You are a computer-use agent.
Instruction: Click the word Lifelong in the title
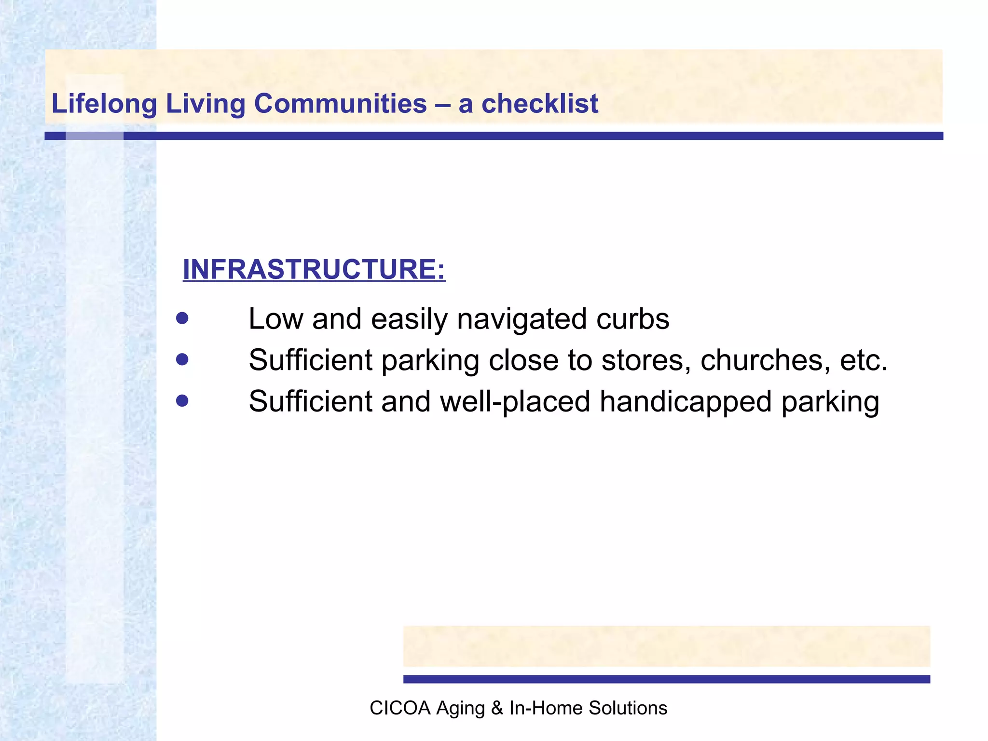[x=104, y=104]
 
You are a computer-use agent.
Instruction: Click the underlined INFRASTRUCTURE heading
[x=314, y=269]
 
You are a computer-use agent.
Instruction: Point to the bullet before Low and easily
[x=182, y=318]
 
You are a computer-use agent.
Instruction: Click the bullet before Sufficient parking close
[x=182, y=359]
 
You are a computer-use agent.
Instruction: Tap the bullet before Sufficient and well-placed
[x=182, y=401]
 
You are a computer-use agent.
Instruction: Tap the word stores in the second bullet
[x=646, y=360]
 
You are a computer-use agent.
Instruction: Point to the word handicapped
[x=685, y=402]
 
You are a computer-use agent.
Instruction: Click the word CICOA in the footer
[x=399, y=708]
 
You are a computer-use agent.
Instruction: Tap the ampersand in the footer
[x=496, y=708]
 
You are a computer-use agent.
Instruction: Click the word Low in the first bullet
[x=275, y=319]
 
